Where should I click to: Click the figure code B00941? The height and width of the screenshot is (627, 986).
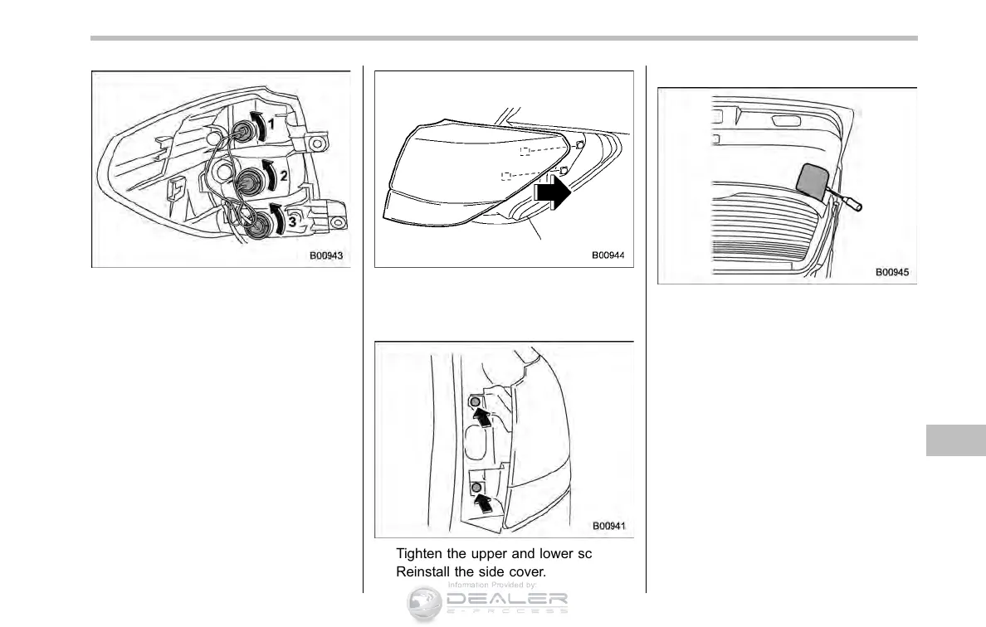pyautogui.click(x=609, y=525)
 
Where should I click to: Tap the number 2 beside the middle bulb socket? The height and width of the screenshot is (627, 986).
pyautogui.click(x=283, y=175)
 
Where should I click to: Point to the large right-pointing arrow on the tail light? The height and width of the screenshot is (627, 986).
pyautogui.click(x=553, y=193)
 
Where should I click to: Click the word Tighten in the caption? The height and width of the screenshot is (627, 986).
pyautogui.click(x=419, y=554)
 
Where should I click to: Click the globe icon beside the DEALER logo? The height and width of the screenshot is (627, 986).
pyautogui.click(x=423, y=605)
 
